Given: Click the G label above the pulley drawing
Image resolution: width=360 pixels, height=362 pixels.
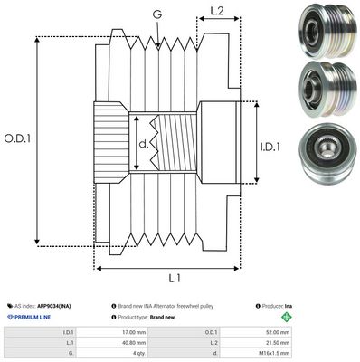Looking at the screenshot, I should tap(158, 14).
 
